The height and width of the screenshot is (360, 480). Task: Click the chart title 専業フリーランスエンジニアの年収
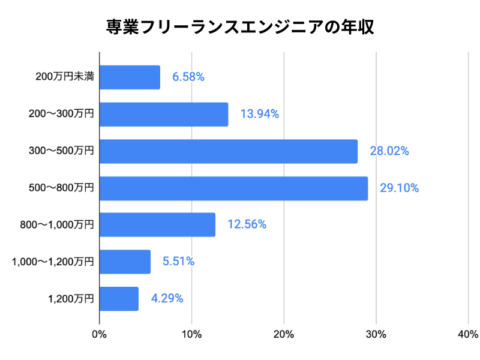pyautogui.click(x=240, y=28)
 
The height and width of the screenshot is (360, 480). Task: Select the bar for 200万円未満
pyautogui.click(x=130, y=77)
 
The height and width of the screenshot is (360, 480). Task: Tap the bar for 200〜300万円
pyautogui.click(x=164, y=114)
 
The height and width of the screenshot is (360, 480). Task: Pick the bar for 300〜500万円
pyautogui.click(x=228, y=151)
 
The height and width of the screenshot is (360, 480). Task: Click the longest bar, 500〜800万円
pyautogui.click(x=233, y=188)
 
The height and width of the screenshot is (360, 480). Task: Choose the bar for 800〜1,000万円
pyautogui.click(x=157, y=224)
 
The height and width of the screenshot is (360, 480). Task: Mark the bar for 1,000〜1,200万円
pyautogui.click(x=125, y=262)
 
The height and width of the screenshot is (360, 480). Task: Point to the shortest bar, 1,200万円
pyautogui.click(x=119, y=298)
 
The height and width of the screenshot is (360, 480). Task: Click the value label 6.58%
pyautogui.click(x=188, y=77)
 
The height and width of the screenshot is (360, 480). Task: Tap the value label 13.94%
pyautogui.click(x=260, y=114)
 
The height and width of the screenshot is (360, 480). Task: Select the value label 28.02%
pyautogui.click(x=389, y=151)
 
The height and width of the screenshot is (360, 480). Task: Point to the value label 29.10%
pyautogui.click(x=399, y=188)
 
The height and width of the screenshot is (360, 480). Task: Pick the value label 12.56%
pyautogui.click(x=247, y=224)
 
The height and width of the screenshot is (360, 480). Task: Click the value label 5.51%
pyautogui.click(x=178, y=262)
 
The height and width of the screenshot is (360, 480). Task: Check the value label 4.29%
pyautogui.click(x=167, y=298)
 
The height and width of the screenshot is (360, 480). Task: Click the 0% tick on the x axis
pyautogui.click(x=99, y=334)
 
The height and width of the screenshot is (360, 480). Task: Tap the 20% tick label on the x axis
pyautogui.click(x=284, y=334)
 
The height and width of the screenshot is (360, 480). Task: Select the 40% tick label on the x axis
pyautogui.click(x=468, y=334)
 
